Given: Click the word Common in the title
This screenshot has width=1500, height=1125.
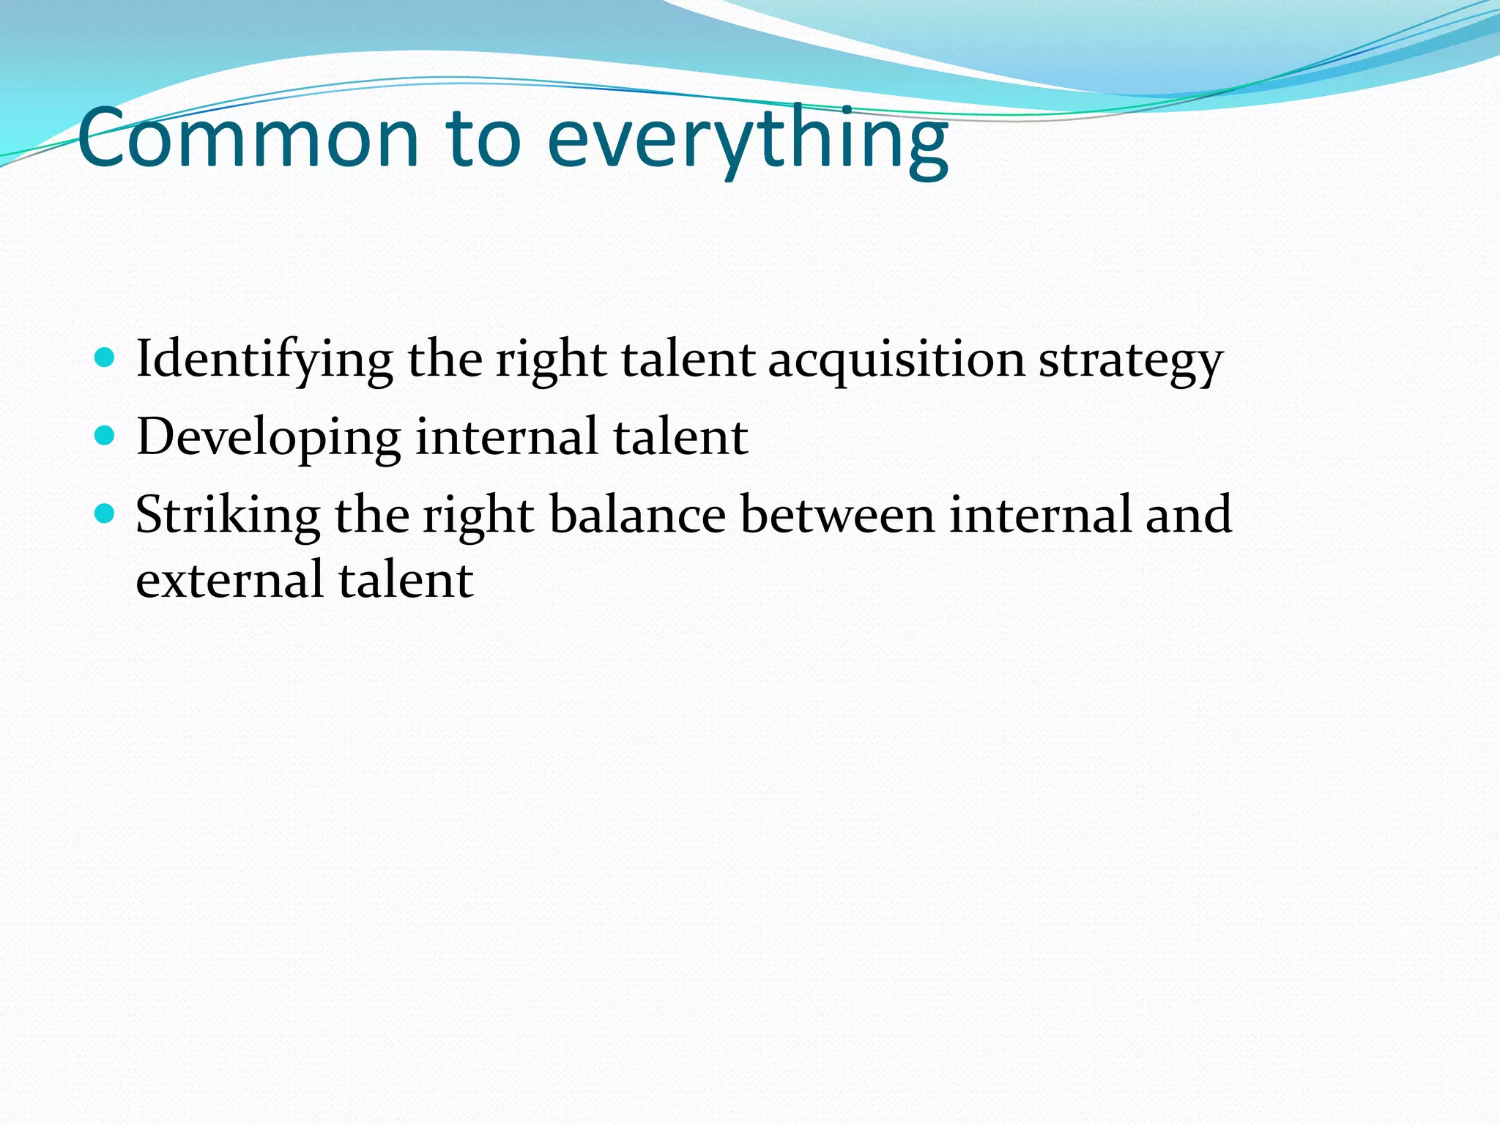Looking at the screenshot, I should [248, 139].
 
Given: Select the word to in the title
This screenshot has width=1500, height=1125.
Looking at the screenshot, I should [483, 139].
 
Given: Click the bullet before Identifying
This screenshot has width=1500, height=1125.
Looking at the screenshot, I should [105, 358].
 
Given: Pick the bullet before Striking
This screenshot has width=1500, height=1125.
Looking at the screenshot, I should [105, 514].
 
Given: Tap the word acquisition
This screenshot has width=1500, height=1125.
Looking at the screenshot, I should [896, 360].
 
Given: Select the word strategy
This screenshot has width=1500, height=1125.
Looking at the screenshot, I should [1130, 360].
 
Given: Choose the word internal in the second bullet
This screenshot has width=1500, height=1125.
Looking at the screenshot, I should [506, 437].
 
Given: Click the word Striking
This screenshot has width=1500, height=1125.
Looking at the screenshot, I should [228, 516].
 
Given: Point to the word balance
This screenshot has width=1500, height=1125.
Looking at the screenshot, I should [637, 514].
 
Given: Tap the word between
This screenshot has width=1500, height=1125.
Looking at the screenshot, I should [837, 514].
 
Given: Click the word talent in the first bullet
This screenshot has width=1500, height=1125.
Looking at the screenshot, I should [688, 359].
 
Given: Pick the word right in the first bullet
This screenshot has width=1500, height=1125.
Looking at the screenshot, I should [551, 360].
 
